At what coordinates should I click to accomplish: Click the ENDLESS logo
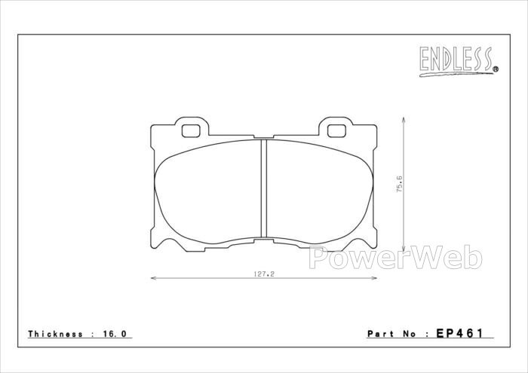click(459, 61)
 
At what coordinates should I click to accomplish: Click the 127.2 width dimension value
click(264, 274)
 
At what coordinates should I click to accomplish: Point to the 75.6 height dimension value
click(399, 184)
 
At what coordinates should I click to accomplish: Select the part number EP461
click(459, 333)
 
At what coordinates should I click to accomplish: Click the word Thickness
click(56, 334)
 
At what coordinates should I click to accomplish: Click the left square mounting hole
click(191, 131)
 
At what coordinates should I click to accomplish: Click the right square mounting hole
click(336, 131)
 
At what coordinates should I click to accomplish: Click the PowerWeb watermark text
click(395, 258)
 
